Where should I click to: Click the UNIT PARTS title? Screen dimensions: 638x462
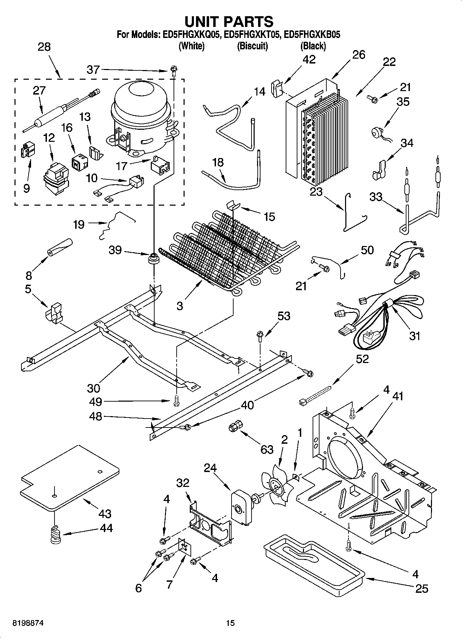coord(229,21)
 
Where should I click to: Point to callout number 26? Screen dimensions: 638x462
coord(358,55)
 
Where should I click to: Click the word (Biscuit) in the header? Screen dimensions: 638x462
coord(252,46)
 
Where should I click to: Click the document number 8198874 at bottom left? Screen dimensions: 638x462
coord(23,623)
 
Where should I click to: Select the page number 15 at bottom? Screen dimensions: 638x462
coord(230,623)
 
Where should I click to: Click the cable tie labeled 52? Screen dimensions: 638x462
coord(314,395)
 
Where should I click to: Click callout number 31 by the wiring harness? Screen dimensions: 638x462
coord(414,335)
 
